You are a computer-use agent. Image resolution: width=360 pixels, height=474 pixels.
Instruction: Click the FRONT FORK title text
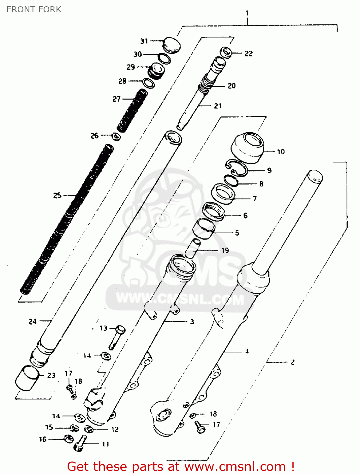[x=34, y=9]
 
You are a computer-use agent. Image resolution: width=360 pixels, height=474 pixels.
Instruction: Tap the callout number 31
[x=144, y=41]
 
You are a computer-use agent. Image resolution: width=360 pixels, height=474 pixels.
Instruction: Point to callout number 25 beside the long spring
[x=57, y=195]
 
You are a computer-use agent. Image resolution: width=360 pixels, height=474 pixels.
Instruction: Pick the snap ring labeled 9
[x=237, y=168]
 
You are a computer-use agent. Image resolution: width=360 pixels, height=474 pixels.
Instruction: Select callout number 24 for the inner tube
[x=33, y=321]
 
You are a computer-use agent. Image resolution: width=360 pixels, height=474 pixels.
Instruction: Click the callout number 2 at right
[x=292, y=362]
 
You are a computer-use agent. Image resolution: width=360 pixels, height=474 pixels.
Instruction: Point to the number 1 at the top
[x=247, y=13]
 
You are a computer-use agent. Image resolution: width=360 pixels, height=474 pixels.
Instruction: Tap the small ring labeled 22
[x=226, y=52]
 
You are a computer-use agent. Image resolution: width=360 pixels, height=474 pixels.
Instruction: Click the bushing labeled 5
[x=204, y=229]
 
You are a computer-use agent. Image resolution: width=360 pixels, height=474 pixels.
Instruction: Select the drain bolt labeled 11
[x=80, y=443]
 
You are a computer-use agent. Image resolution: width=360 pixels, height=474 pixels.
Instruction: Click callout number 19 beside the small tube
[x=225, y=250]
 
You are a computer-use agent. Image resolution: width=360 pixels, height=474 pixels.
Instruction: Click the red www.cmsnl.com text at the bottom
[x=235, y=466]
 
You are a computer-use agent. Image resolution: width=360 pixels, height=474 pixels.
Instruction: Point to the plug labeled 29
[x=157, y=70]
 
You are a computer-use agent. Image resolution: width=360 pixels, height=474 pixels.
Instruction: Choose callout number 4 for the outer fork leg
[x=247, y=351]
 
